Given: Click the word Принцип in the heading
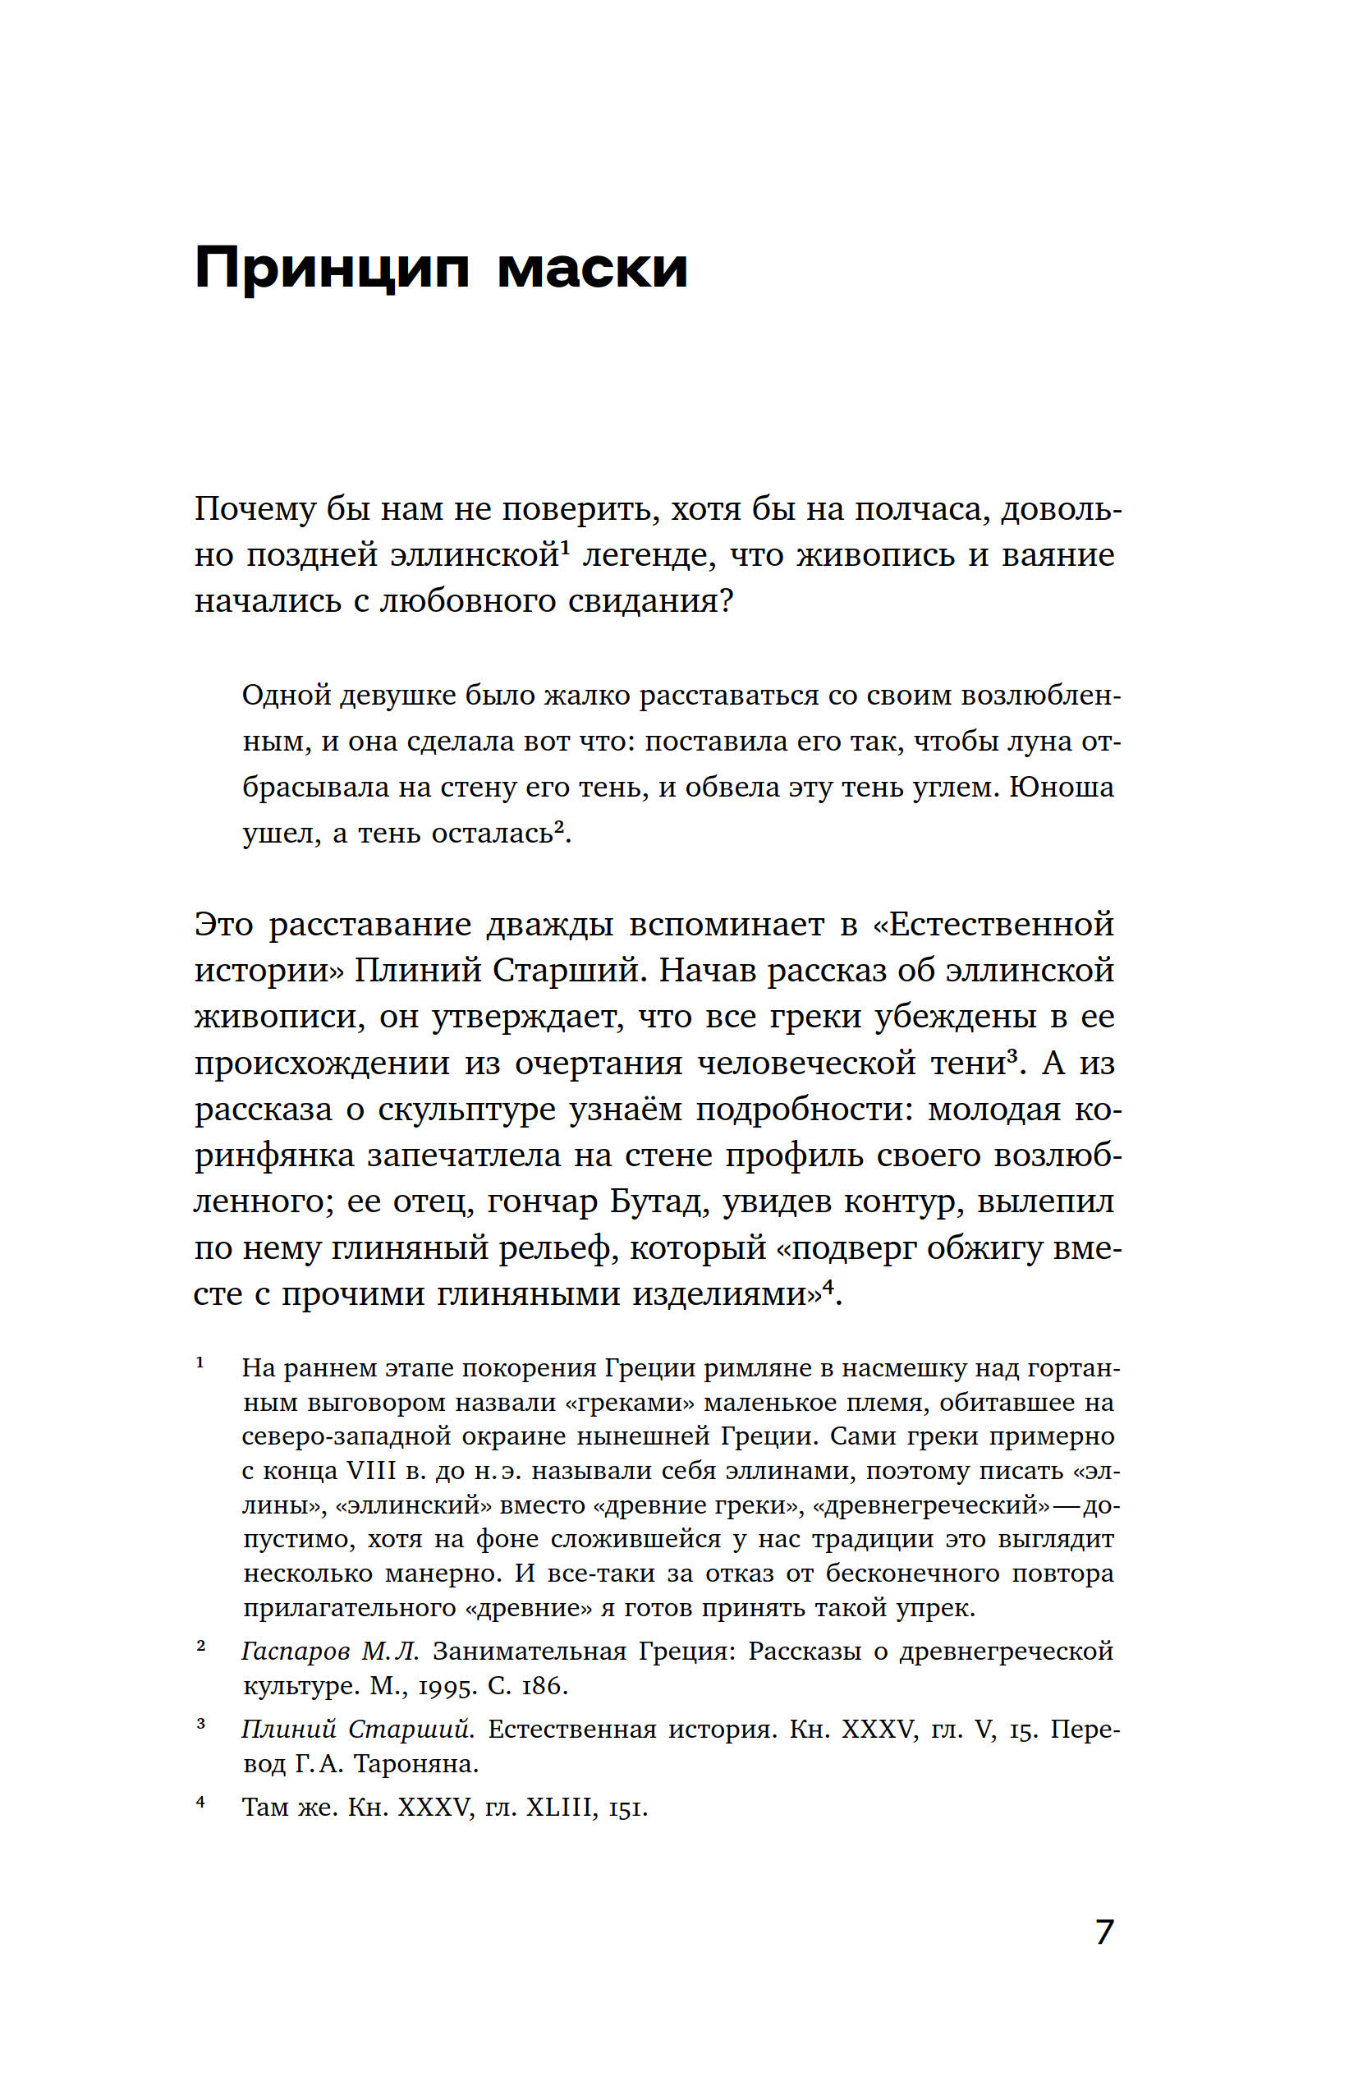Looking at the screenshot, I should coord(332,268).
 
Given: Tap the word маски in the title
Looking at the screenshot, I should coord(591,268).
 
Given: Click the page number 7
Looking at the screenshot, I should coord(1104,1932).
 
